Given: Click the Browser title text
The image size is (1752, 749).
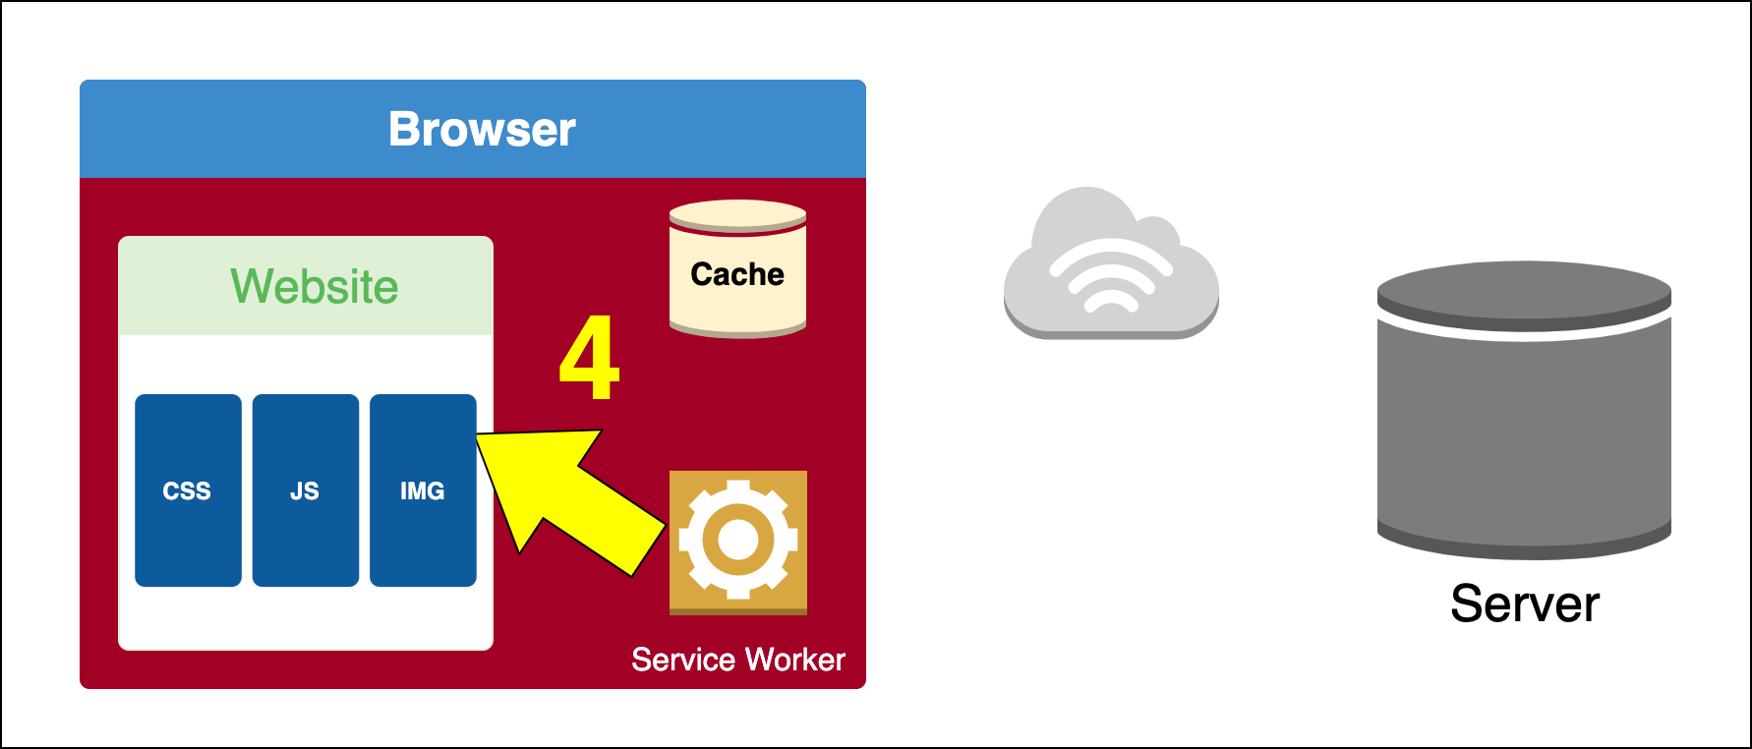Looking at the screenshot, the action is pyautogui.click(x=482, y=129).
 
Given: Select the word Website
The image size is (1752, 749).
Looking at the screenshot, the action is pyautogui.click(x=315, y=287).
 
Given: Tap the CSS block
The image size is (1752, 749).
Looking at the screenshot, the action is pyautogui.click(x=188, y=490).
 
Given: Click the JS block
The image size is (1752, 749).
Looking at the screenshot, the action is pyautogui.click(x=305, y=490).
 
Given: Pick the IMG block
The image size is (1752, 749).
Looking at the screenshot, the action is pyautogui.click(x=423, y=490).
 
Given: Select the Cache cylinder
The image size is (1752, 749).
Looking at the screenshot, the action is pyautogui.click(x=737, y=269).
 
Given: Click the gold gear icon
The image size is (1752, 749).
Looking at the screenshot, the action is pyautogui.click(x=737, y=541).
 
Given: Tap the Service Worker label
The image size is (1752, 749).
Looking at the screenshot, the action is pyautogui.click(x=737, y=660).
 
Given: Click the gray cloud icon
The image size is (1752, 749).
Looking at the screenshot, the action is pyautogui.click(x=1111, y=265).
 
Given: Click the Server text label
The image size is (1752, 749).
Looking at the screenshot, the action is pyautogui.click(x=1525, y=604).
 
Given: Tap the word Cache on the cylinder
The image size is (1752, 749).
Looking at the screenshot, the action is pyautogui.click(x=737, y=274).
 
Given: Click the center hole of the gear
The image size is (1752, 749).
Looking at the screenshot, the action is pyautogui.click(x=737, y=539).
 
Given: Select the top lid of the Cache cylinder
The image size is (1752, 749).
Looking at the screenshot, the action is pyautogui.click(x=737, y=214).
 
